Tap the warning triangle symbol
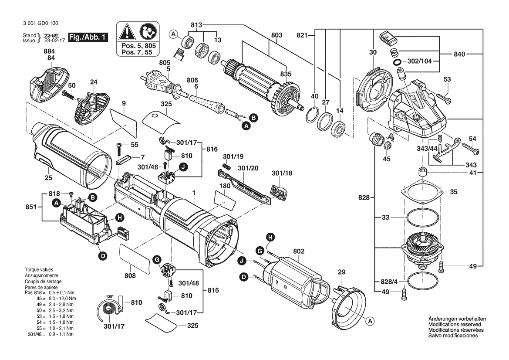click(x=127, y=32)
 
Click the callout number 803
click(x=277, y=35)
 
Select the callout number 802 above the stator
click(x=299, y=251)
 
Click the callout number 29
click(x=342, y=272)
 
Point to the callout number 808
click(x=130, y=276)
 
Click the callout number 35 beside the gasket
click(x=453, y=191)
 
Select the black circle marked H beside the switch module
click(x=119, y=217)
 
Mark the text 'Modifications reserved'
click(x=455, y=325)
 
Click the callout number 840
click(x=460, y=54)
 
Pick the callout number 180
click(x=224, y=186)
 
